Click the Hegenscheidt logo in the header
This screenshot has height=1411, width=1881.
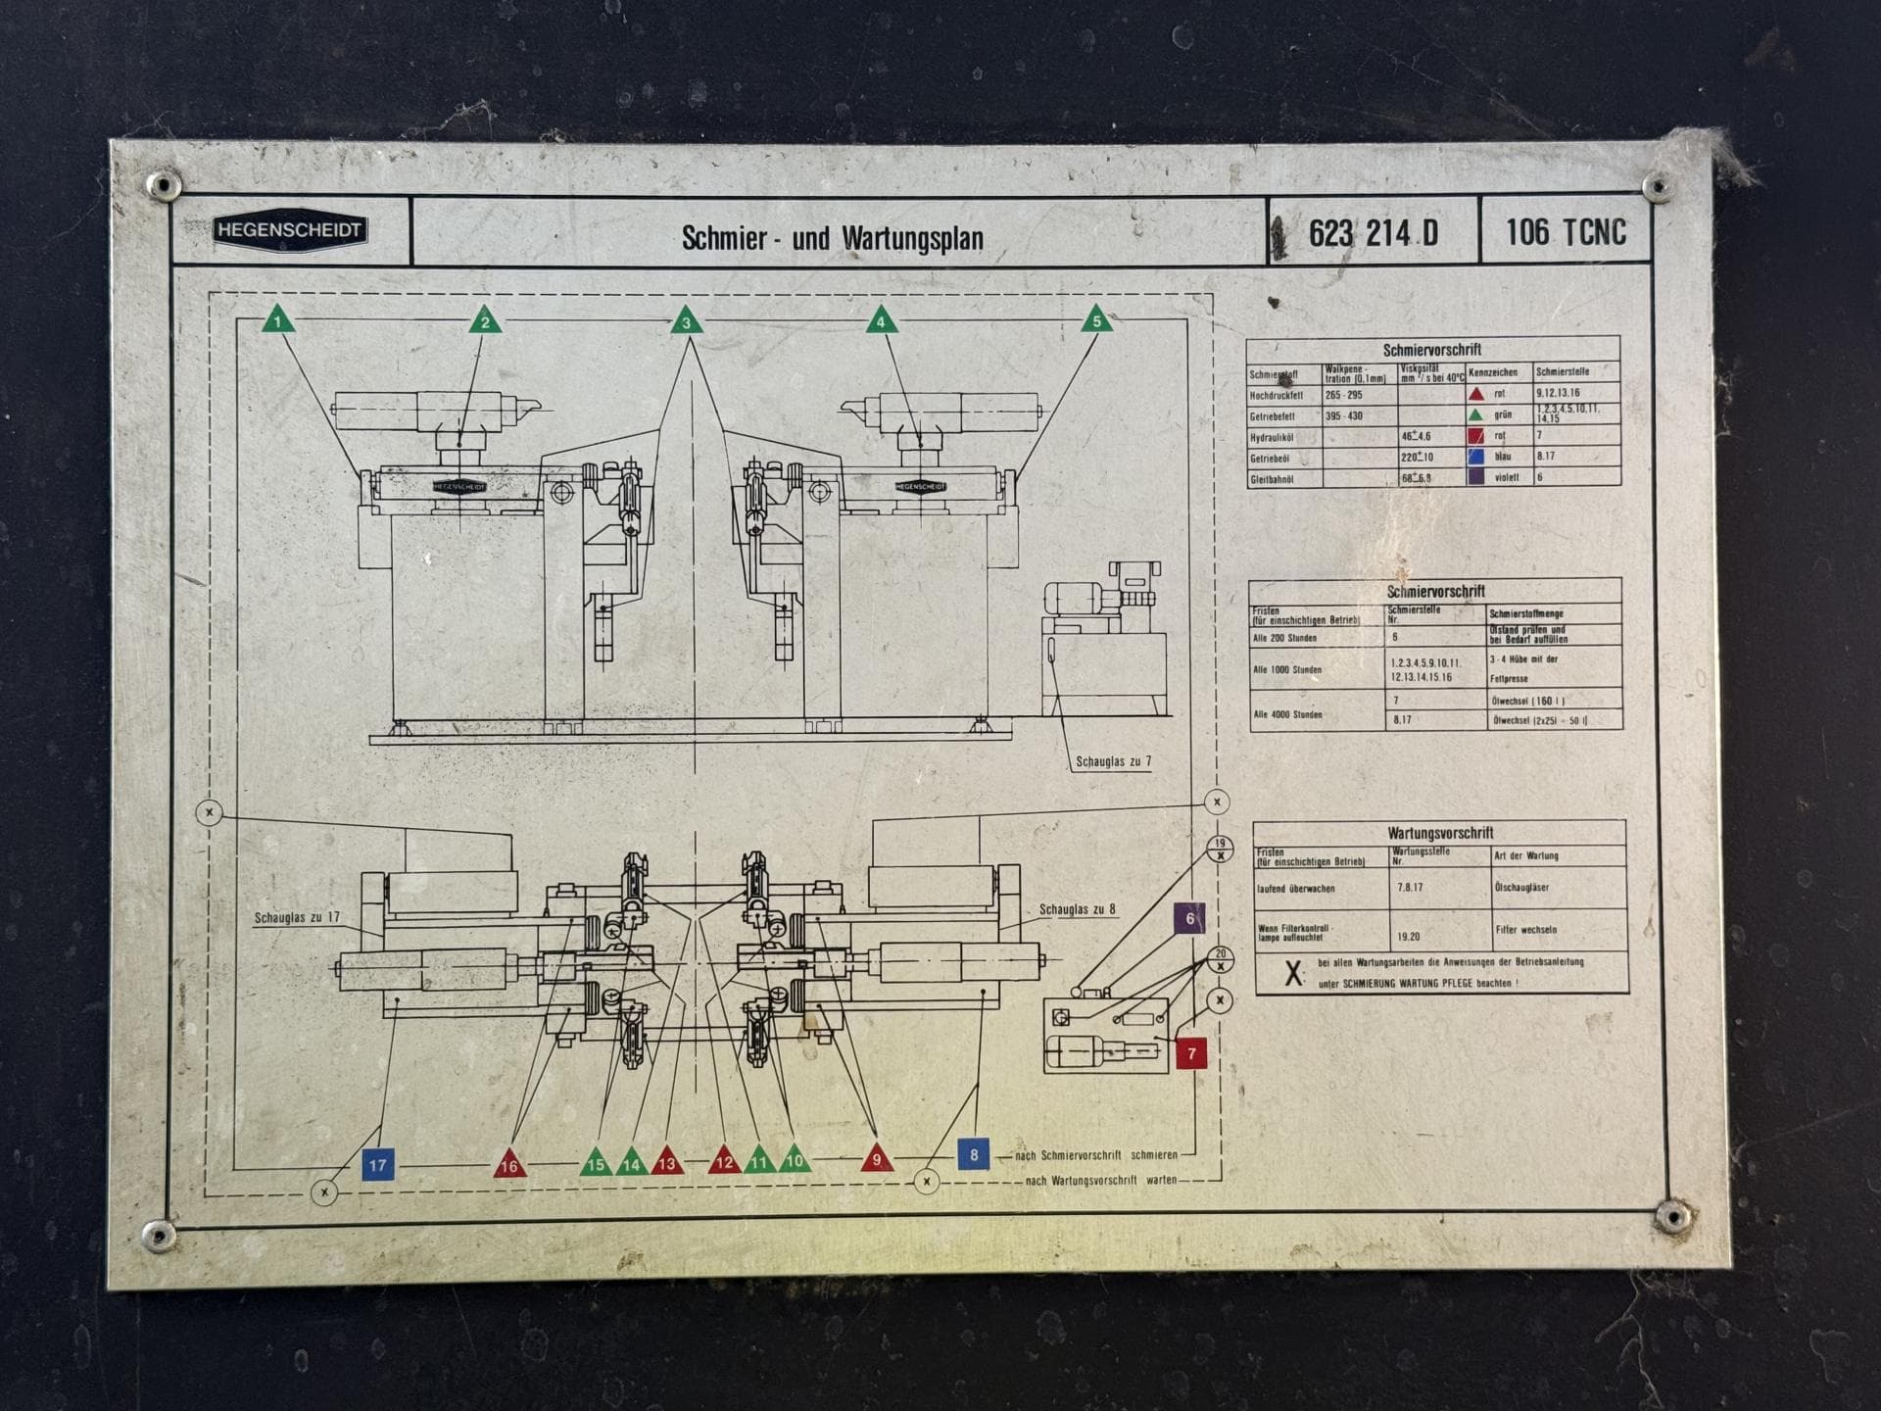click(x=290, y=231)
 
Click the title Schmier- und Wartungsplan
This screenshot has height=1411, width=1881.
click(x=832, y=238)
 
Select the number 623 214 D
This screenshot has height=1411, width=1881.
click(x=1373, y=233)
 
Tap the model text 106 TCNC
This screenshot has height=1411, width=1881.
click(x=1565, y=232)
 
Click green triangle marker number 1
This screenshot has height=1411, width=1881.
click(x=278, y=320)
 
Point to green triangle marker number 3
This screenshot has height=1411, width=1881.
click(x=686, y=321)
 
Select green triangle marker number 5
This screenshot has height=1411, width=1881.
click(x=1096, y=320)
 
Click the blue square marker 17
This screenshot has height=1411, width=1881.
click(x=377, y=1165)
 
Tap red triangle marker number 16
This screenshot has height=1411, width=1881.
click(x=509, y=1164)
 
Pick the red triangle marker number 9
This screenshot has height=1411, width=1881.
click(x=877, y=1159)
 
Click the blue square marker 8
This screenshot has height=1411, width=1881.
click(x=973, y=1154)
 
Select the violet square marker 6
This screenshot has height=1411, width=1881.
click(x=1189, y=918)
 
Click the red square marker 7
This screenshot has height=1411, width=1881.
click(x=1191, y=1053)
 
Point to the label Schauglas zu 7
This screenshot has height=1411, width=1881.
click(x=1113, y=761)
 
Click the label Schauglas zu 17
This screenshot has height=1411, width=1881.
click(x=297, y=918)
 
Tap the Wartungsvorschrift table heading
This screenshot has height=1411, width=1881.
click(x=1439, y=833)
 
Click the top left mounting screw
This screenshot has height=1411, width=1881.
click(x=163, y=184)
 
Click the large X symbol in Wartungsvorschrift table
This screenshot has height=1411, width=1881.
click(x=1293, y=973)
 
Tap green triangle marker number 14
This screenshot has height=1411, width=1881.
click(x=632, y=1163)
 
